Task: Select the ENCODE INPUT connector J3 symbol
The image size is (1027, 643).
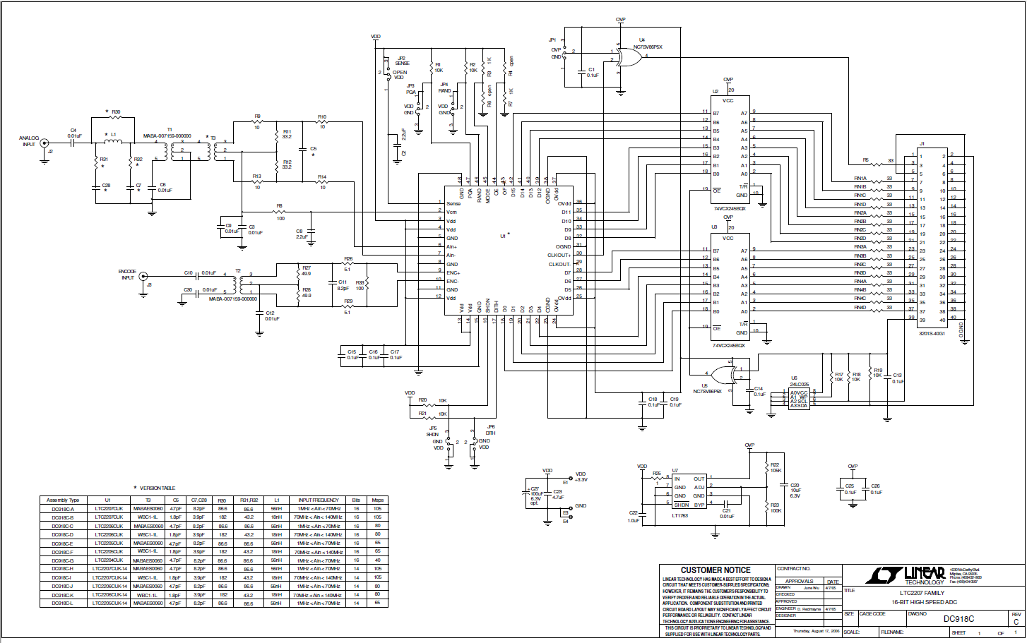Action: [143, 277]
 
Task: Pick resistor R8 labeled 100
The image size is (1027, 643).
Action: [280, 212]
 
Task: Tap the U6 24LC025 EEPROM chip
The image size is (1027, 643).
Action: [799, 399]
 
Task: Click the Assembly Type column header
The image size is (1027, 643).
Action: [63, 500]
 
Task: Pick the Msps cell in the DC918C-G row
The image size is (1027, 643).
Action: [378, 560]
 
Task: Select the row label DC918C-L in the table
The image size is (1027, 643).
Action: [63, 603]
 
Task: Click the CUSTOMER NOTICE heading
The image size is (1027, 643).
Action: [716, 570]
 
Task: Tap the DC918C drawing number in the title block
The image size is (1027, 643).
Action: [958, 619]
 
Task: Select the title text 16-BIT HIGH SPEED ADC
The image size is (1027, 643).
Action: [924, 602]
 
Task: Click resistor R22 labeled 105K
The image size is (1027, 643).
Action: [767, 467]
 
